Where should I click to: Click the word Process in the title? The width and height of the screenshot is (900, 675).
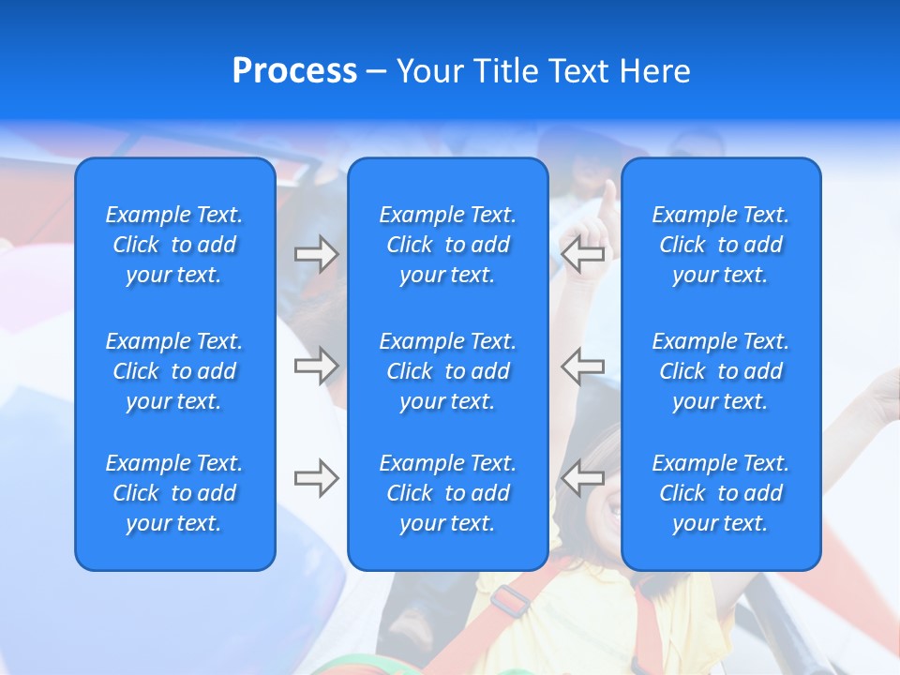point(294,71)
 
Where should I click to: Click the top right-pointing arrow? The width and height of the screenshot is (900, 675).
point(316,254)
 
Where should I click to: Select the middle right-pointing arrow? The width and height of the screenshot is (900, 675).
point(316,366)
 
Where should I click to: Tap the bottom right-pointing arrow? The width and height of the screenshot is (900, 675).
point(316,478)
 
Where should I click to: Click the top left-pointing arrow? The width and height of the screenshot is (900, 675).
point(583,254)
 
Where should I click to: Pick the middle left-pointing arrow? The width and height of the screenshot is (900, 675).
point(583,366)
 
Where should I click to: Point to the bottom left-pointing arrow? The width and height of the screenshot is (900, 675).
point(583,478)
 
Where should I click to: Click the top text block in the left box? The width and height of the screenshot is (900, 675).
point(174,245)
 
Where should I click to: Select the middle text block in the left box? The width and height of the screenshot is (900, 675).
point(174,371)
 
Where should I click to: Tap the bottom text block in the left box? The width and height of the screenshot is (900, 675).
point(174,493)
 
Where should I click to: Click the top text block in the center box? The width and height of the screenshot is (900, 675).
point(447,245)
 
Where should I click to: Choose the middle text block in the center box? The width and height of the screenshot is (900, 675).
point(447,371)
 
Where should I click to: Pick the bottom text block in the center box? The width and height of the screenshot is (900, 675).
point(447,493)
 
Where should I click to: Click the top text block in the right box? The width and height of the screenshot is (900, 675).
point(720,245)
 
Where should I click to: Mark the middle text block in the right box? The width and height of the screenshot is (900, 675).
point(720,371)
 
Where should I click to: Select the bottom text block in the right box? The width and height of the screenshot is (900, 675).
point(720,493)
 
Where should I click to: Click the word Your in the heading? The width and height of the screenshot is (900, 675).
point(429,71)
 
